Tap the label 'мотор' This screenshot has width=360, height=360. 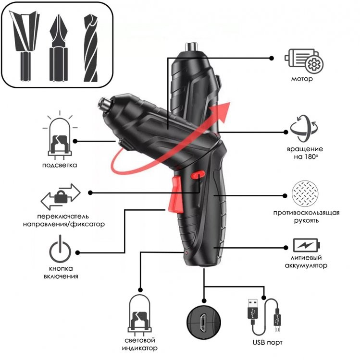click(x=302, y=79)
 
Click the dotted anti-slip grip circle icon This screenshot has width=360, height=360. click(x=305, y=194)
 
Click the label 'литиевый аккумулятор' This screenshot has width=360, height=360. click(x=305, y=262)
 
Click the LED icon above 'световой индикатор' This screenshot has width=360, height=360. click(x=141, y=317)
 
